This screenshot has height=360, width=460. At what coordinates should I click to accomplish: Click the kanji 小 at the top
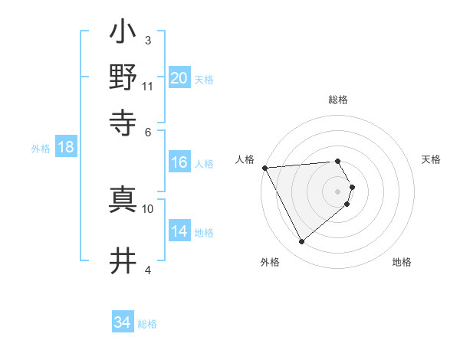(123, 34)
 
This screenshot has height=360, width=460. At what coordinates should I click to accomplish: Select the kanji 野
(123, 77)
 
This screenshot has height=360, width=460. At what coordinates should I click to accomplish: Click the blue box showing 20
(179, 78)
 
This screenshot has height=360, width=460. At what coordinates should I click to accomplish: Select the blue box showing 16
(179, 162)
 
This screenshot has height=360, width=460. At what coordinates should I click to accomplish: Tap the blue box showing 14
(179, 231)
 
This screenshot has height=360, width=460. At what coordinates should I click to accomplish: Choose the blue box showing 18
(66, 147)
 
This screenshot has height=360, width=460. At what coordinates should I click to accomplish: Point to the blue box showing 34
(123, 323)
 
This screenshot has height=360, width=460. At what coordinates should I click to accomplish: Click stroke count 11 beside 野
(148, 86)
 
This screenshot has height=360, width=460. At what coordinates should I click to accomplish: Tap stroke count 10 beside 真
(148, 208)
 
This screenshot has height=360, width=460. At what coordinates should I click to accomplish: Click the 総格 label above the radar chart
(338, 100)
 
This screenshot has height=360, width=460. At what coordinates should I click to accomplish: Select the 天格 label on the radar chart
(432, 159)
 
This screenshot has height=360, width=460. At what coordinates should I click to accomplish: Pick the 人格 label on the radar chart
(245, 159)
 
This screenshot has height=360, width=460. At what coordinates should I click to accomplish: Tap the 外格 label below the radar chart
(270, 262)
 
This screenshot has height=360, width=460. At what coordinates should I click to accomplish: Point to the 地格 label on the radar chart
(402, 262)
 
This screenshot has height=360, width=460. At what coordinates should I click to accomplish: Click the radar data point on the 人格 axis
(264, 167)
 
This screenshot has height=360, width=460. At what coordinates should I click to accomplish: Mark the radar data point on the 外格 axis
(302, 241)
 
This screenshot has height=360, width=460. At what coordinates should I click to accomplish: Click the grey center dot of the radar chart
(338, 191)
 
